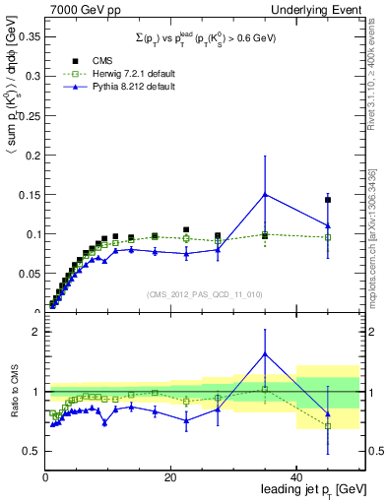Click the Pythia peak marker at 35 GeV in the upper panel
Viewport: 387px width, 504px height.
point(265,194)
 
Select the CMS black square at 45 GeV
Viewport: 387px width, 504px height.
point(328,200)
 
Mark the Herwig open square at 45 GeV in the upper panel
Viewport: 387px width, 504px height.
point(328,237)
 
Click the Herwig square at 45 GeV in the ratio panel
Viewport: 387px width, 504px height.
point(328,426)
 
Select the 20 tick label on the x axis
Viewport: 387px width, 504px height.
point(170,476)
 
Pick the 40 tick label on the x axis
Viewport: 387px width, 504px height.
point(296,476)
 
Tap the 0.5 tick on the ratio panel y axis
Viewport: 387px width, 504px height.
point(32,451)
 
